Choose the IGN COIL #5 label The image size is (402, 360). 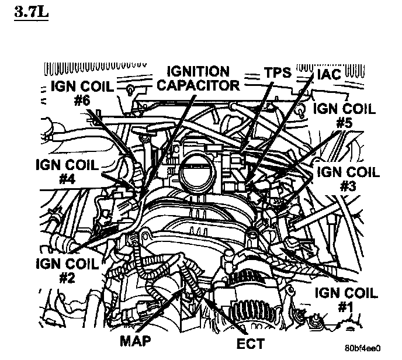pos(344,116)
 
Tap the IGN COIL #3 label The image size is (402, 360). pos(348,179)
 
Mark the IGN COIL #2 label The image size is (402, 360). pos(66,271)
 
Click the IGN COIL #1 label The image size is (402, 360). pos(346,300)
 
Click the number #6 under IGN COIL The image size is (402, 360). pos(82,101)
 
